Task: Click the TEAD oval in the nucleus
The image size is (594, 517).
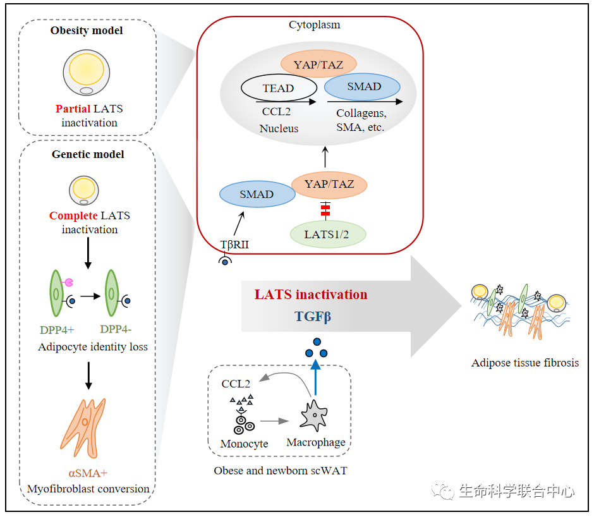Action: coord(278,88)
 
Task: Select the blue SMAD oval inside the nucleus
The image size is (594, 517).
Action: coord(363,87)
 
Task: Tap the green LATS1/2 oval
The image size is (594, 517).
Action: coord(327,234)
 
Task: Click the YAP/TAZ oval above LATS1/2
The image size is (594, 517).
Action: coord(329,185)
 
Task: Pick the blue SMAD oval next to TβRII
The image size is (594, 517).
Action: coord(257,195)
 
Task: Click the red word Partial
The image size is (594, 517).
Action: coord(73,109)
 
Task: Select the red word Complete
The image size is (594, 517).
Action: coord(73,216)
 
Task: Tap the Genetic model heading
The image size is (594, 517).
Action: coord(88,154)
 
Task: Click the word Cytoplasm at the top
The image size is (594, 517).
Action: coord(314,25)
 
